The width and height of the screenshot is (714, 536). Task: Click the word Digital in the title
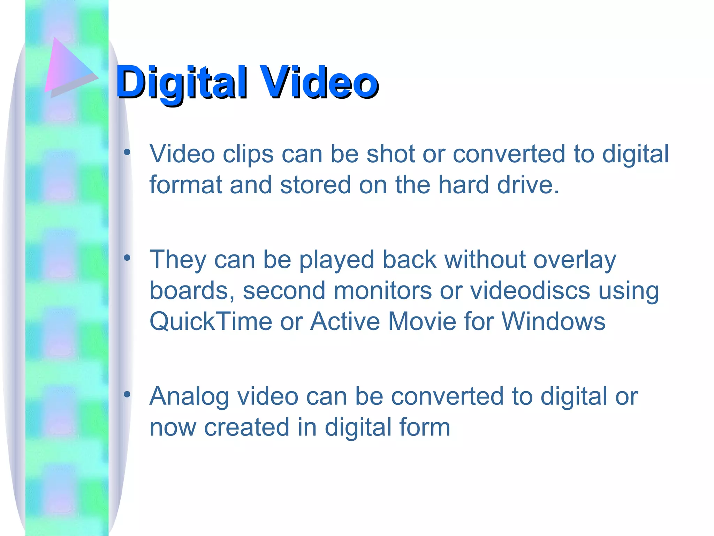click(181, 83)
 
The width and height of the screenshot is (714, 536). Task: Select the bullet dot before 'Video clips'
click(127, 152)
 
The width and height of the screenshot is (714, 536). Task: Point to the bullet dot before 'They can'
click(127, 258)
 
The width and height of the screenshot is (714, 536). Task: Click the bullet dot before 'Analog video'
click(127, 394)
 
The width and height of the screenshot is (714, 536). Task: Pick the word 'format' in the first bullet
click(185, 185)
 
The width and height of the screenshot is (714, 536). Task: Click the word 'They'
click(178, 260)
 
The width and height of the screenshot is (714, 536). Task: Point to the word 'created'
click(246, 427)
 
